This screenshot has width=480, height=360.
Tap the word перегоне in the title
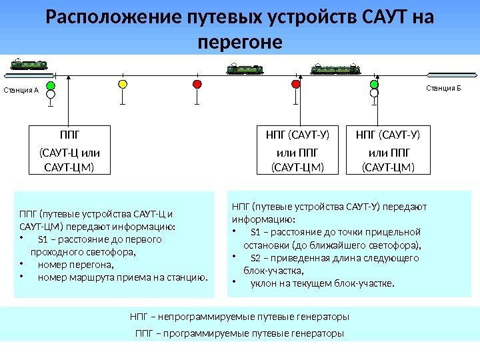(x=241, y=42)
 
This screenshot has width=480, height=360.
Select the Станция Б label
(x=443, y=88)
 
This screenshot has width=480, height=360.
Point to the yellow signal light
(x=122, y=85)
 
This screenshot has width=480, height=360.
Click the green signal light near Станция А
(x=51, y=85)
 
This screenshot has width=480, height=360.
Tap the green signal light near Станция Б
(x=373, y=85)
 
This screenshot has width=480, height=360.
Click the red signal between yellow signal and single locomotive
(x=197, y=84)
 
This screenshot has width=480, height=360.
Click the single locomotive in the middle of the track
(x=245, y=69)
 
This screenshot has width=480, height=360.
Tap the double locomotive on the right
(x=335, y=69)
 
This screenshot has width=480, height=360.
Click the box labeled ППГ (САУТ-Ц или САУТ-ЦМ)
(x=69, y=149)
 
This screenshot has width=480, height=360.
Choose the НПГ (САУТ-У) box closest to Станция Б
(x=387, y=149)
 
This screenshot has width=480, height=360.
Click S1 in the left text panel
(x=44, y=239)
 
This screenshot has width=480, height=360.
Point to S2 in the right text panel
(x=255, y=257)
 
